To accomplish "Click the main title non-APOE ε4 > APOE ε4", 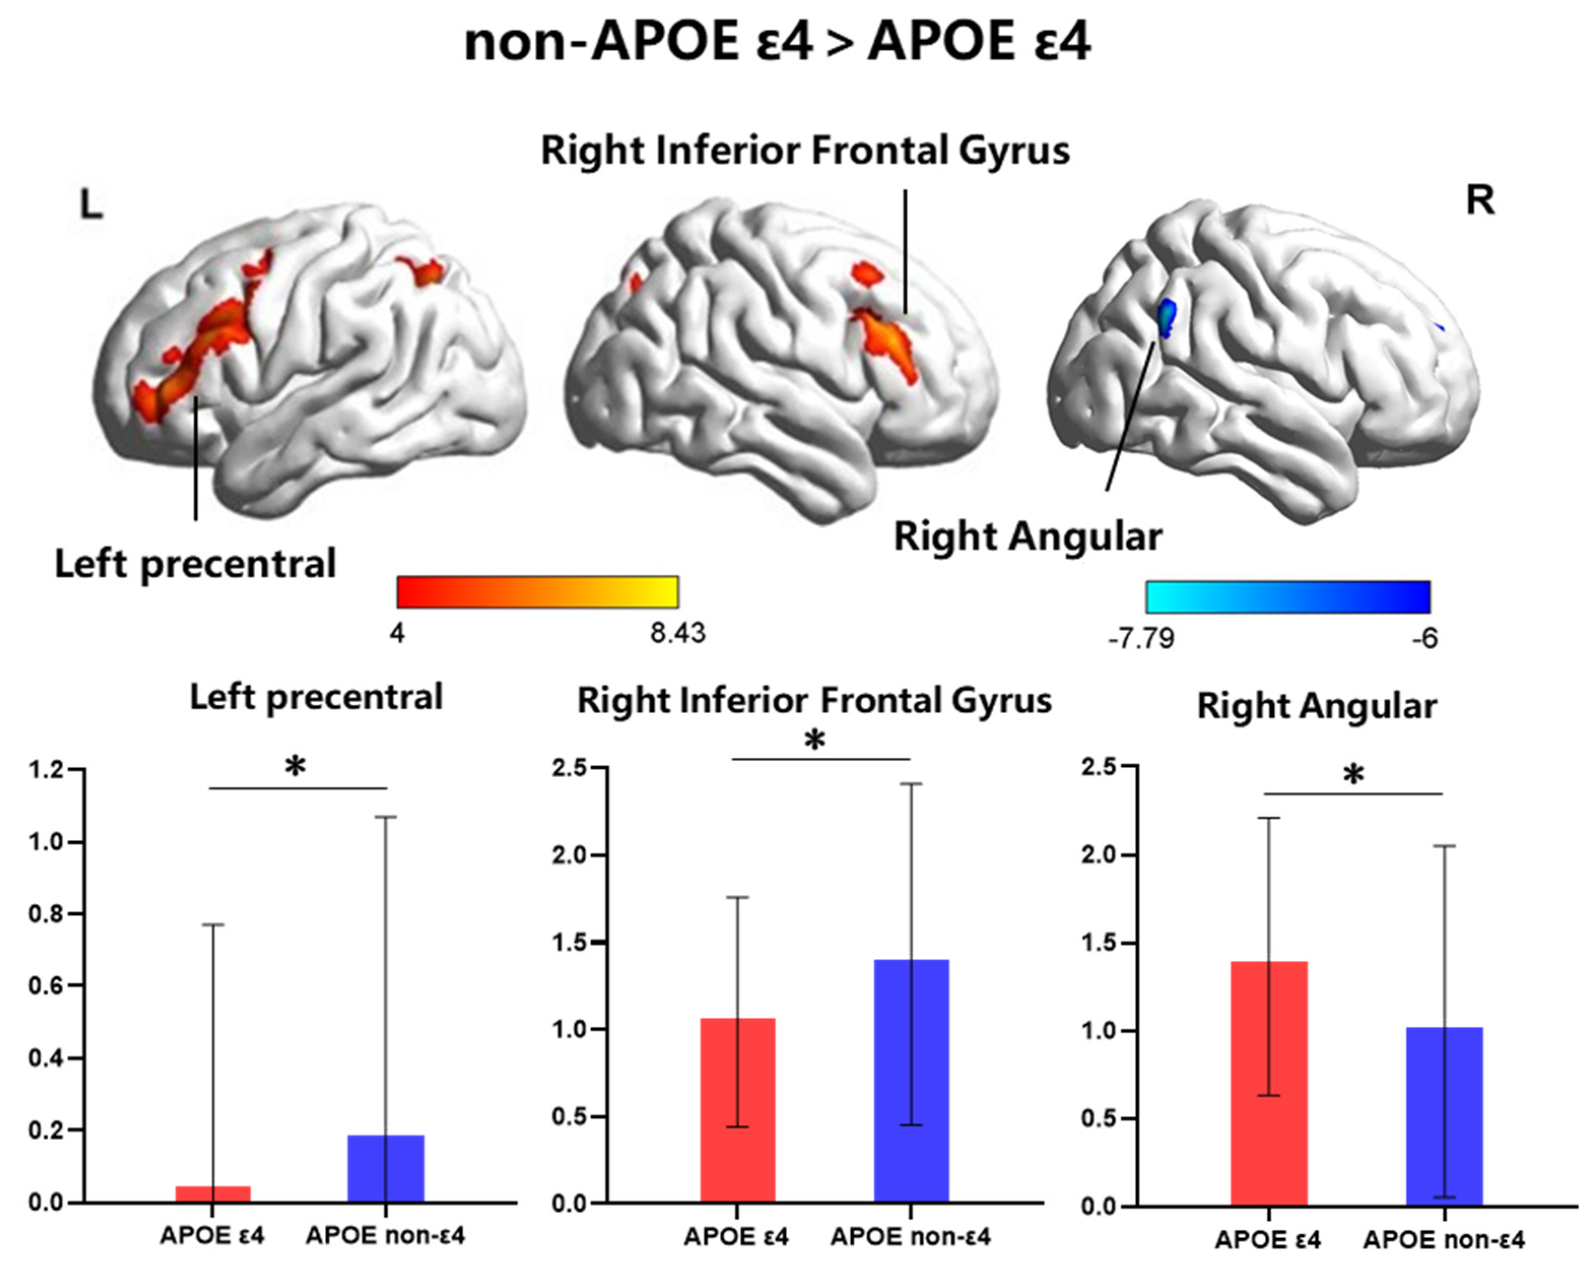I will (776, 42).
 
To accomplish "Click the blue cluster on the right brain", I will (1166, 316).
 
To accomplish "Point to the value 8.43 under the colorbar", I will (677, 634).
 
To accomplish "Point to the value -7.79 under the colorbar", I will (1141, 638).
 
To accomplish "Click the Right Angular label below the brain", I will (1028, 536).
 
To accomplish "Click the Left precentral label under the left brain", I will (195, 564).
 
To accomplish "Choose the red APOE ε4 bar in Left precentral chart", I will (213, 1193).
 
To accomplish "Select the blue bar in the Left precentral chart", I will (385, 1169).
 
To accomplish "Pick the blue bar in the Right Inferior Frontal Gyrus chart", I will (911, 1080).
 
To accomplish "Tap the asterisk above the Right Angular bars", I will (1353, 776).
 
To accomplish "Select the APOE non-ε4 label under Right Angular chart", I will (1443, 1239).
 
